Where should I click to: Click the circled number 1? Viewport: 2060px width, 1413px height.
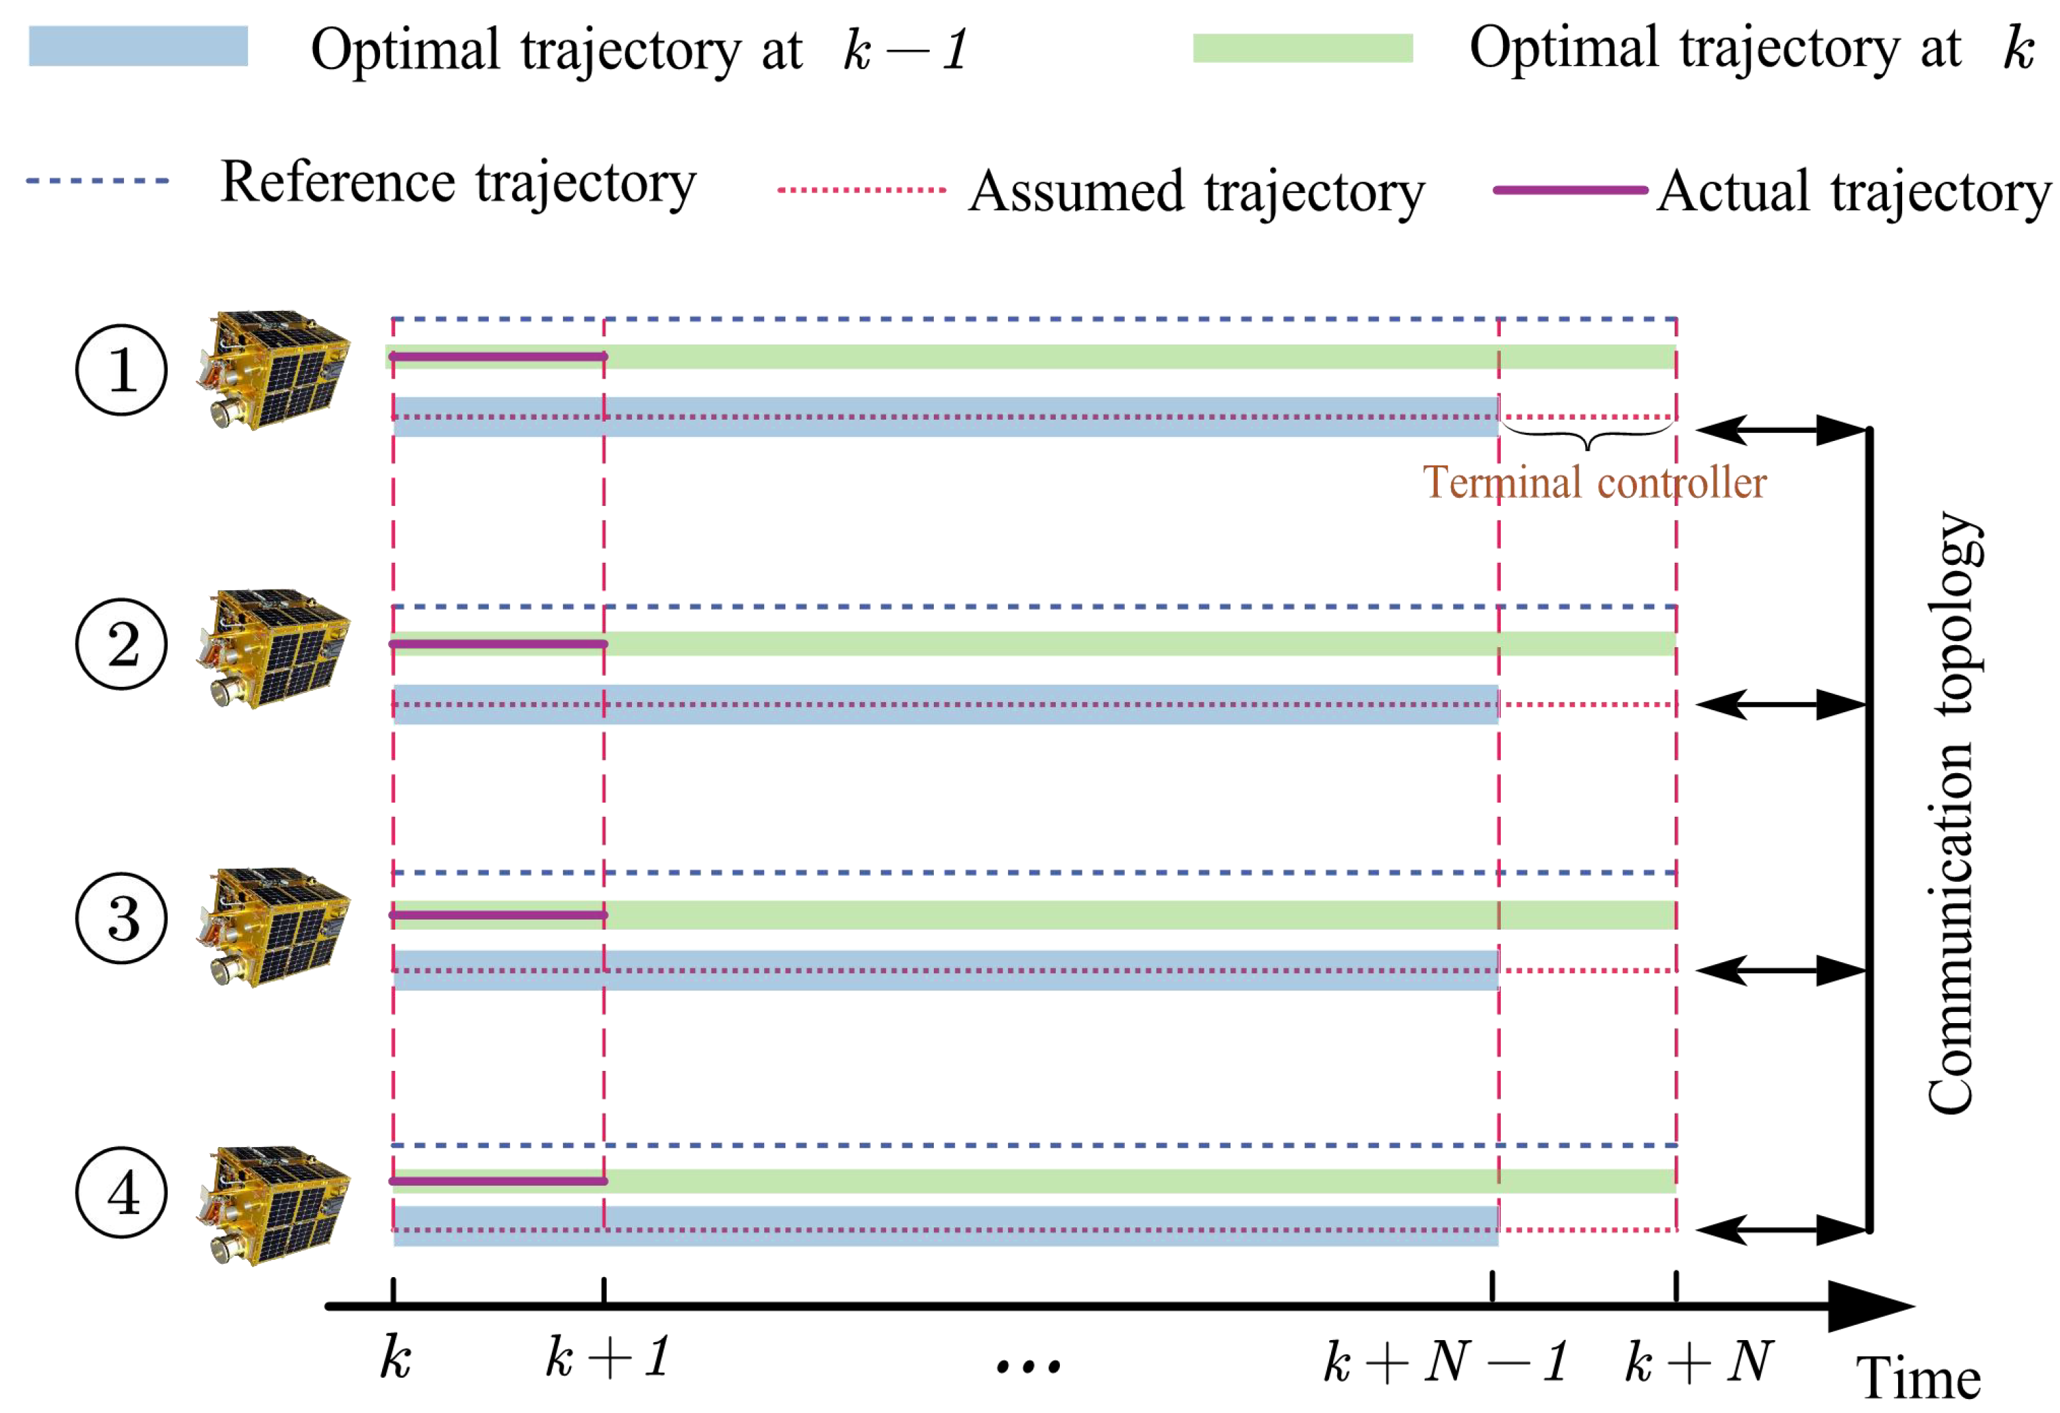(x=121, y=369)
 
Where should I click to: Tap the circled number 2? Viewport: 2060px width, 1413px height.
(x=121, y=645)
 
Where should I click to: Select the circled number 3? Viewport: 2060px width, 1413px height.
(x=121, y=918)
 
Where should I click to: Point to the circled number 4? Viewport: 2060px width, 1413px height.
(x=121, y=1192)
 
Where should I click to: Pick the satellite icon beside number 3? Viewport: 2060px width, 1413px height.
(x=274, y=926)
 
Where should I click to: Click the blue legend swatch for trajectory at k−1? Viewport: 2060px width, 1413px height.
(x=138, y=46)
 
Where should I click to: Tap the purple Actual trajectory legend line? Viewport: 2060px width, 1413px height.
(x=1570, y=190)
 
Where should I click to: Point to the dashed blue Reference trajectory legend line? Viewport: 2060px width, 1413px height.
(x=97, y=181)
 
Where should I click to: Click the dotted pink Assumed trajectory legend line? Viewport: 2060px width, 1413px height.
(x=862, y=190)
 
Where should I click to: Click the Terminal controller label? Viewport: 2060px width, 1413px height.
(x=1594, y=483)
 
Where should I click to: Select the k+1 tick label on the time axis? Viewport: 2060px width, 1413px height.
(x=608, y=1357)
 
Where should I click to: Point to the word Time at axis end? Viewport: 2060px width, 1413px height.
(x=1919, y=1379)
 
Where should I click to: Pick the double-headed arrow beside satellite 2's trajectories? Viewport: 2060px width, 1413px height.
(x=1781, y=705)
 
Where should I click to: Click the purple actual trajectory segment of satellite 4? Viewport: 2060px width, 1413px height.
(x=498, y=1181)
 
